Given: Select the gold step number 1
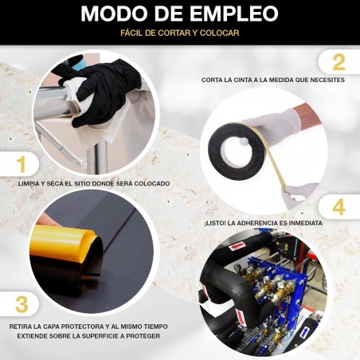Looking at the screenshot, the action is [x=22, y=165].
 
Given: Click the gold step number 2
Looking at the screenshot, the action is [x=338, y=63].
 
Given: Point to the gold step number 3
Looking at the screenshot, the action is [x=22, y=304].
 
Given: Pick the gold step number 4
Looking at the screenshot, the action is [x=338, y=207].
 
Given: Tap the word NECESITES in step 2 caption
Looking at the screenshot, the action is [x=327, y=80].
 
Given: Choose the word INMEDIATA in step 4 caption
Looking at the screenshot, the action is [x=306, y=223].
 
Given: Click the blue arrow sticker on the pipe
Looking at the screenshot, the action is [x=305, y=333].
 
